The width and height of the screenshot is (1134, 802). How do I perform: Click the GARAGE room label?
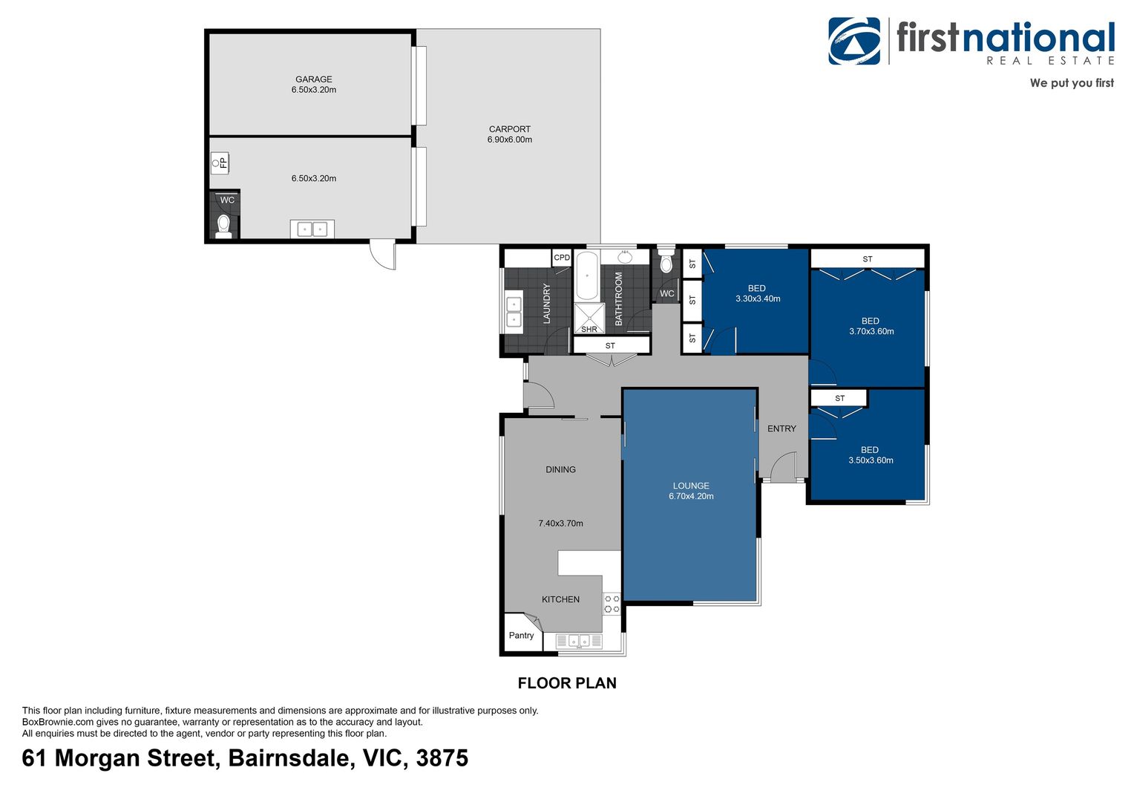[313, 79]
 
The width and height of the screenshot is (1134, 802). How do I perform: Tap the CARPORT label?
[509, 129]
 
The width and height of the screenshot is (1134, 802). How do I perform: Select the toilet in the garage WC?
[223, 225]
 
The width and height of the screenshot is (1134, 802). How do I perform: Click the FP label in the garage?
[223, 163]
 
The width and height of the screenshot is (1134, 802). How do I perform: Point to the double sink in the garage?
[312, 229]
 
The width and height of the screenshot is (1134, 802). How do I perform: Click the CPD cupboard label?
[562, 258]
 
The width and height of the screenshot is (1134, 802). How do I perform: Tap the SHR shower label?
[589, 329]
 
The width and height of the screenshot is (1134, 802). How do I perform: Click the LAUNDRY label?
[547, 303]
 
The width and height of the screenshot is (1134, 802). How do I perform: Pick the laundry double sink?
[514, 312]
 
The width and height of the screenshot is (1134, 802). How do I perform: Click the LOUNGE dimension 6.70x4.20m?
[691, 497]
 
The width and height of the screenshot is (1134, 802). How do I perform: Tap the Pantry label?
[521, 636]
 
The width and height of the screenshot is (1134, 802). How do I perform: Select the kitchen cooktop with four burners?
[612, 604]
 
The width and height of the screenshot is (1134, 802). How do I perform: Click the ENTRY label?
[781, 429]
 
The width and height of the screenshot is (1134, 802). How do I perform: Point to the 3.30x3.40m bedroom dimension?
[758, 299]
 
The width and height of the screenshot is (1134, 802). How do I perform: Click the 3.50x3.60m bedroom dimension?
[871, 460]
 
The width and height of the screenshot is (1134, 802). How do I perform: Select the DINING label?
[560, 470]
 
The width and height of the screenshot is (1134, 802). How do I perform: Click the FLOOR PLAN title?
[567, 683]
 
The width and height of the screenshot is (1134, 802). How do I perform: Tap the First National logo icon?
[854, 41]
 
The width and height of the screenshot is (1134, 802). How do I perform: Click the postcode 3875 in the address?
[442, 758]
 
